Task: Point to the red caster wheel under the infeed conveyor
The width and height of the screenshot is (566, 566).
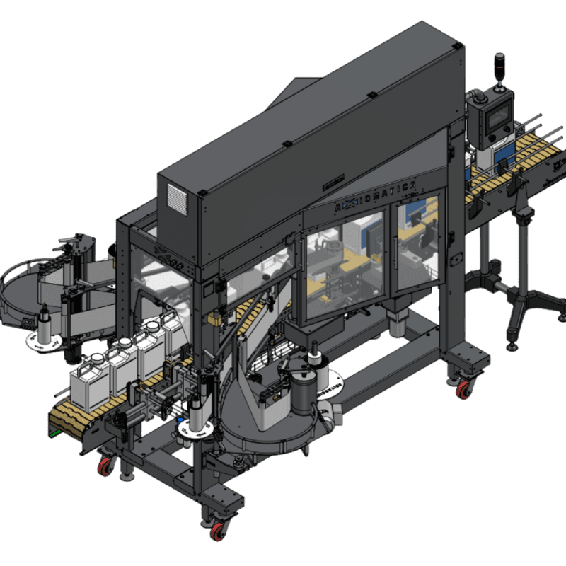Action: click(x=105, y=466)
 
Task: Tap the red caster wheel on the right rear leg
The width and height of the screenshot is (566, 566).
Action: click(x=464, y=388)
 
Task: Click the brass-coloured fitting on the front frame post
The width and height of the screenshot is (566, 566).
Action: click(x=213, y=319)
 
